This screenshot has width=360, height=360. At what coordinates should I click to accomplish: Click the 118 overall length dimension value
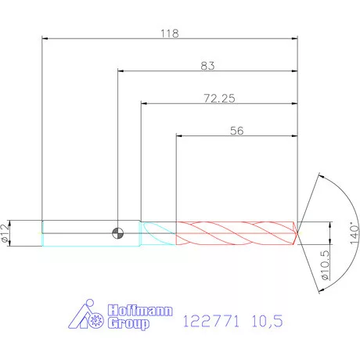click(x=170, y=34)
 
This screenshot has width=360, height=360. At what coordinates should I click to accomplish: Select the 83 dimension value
click(x=207, y=66)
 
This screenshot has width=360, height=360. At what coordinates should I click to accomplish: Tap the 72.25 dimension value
click(x=219, y=99)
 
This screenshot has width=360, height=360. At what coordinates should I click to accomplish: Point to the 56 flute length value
click(x=237, y=131)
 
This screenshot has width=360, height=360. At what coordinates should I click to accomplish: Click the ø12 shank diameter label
click(x=5, y=233)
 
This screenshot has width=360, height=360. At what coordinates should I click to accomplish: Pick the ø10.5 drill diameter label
click(x=326, y=265)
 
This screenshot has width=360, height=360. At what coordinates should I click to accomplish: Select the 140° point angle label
click(x=355, y=233)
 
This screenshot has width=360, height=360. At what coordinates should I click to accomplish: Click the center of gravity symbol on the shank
click(x=117, y=233)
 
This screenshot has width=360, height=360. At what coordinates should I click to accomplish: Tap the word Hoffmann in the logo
click(x=140, y=310)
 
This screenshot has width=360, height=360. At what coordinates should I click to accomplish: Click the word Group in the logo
click(x=128, y=324)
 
